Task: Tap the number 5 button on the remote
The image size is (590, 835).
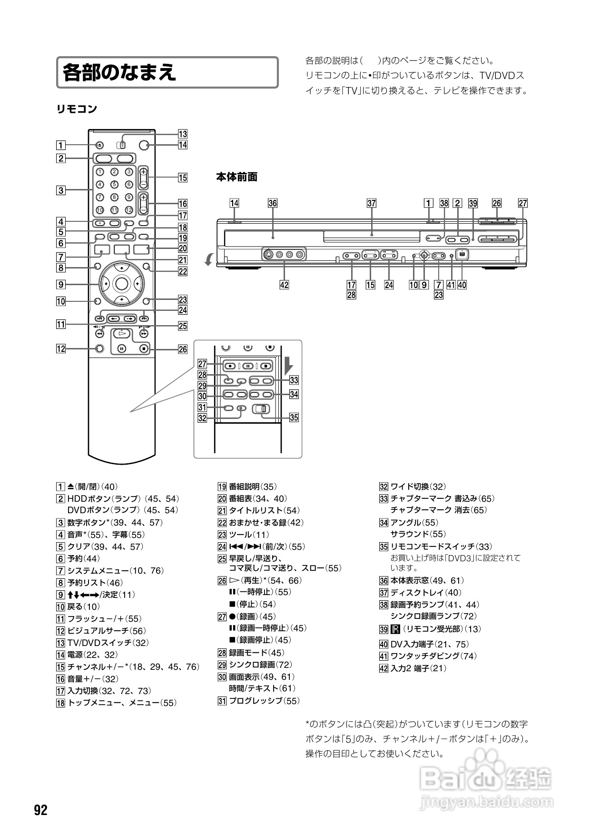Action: (114, 184)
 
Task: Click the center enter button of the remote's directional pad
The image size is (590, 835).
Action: (122, 284)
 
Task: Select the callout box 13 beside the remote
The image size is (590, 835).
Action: (183, 134)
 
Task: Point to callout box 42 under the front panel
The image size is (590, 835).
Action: (284, 285)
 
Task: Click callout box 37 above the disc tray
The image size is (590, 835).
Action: (372, 203)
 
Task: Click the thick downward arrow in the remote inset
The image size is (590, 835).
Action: (289, 366)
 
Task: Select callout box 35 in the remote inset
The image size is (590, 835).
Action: (294, 417)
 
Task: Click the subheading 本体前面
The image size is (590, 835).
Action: (236, 177)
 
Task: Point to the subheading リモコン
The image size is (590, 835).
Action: (77, 109)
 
